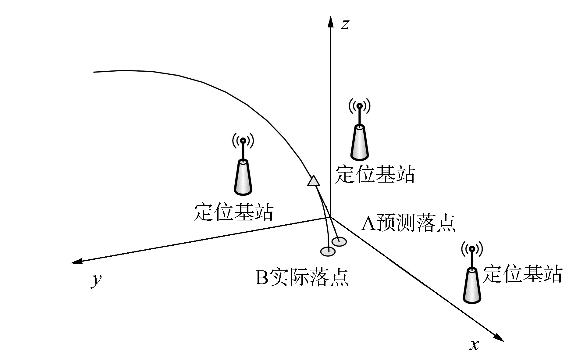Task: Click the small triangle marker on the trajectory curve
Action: [313, 181]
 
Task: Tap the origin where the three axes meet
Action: [330, 217]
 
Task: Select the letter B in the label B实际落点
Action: [261, 277]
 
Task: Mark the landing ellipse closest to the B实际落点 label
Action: [328, 251]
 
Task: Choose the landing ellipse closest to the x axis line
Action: [339, 242]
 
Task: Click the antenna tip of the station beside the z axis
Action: [360, 106]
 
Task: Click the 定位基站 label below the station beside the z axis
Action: [375, 175]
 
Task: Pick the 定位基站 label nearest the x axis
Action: [522, 274]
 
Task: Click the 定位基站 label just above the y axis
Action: [233, 212]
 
